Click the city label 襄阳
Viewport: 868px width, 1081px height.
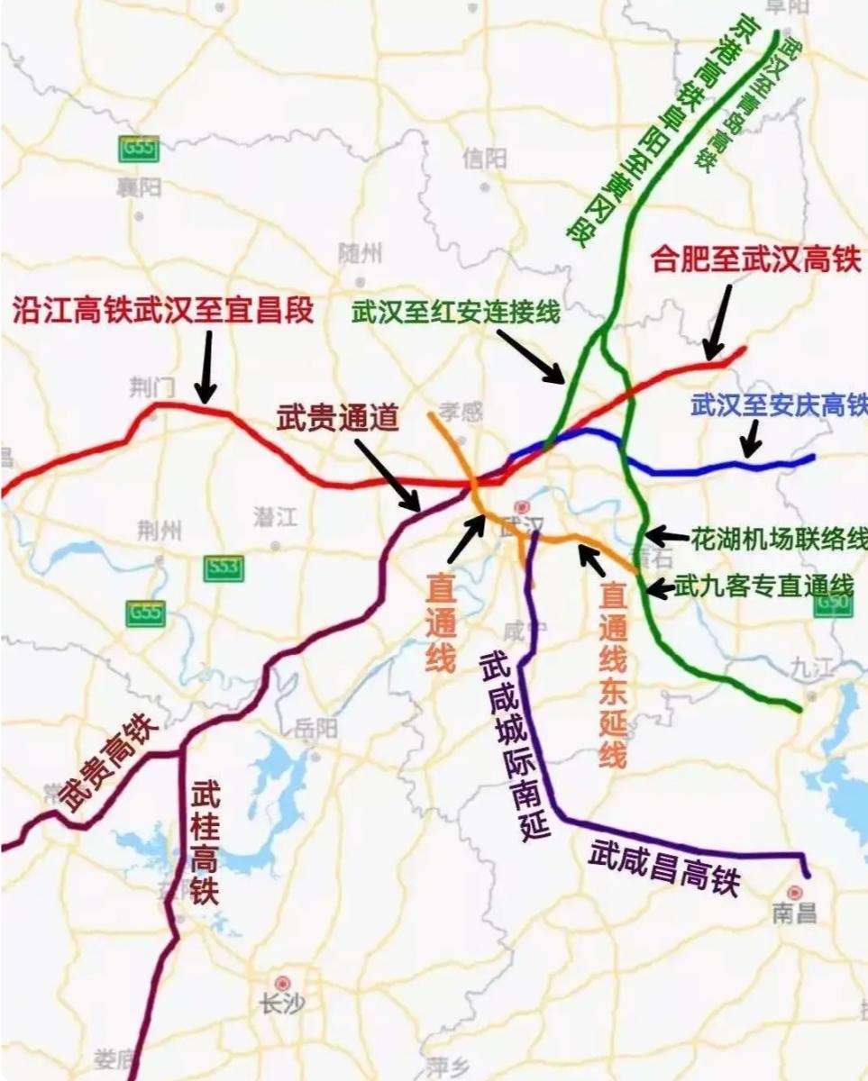(138, 188)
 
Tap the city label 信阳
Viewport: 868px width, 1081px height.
(484, 159)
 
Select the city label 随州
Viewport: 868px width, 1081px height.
(359, 252)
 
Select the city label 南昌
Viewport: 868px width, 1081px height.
(794, 913)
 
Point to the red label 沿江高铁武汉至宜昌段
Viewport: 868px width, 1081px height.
(162, 311)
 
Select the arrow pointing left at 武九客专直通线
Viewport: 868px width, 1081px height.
(661, 589)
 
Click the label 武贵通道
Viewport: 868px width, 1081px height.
(337, 419)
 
